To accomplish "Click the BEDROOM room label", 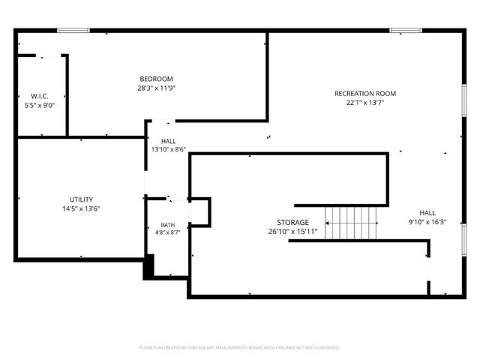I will tap(156, 79).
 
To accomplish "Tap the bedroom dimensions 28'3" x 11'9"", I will tap(156, 88).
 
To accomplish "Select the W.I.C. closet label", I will tap(40, 97).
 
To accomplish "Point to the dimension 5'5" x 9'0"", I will tap(40, 105).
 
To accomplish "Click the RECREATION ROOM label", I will tap(364, 94).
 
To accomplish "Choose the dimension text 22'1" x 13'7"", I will tap(364, 103).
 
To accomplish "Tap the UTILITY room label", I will tap(81, 199).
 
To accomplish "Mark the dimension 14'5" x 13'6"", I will tap(81, 208).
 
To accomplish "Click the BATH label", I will tap(167, 225).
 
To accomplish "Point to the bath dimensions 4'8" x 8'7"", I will tap(167, 233).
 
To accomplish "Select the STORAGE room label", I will tap(292, 223).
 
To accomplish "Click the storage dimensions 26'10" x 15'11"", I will tap(292, 232).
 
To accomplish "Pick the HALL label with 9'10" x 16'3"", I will tap(427, 213).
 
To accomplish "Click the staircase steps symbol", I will tap(352, 223).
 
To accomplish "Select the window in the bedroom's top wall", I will tap(73, 31).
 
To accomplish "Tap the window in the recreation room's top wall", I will tap(406, 31).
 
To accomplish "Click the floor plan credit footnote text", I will tap(240, 348).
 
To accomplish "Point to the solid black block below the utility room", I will tap(148, 266).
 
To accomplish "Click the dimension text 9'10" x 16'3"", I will tap(427, 222).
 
